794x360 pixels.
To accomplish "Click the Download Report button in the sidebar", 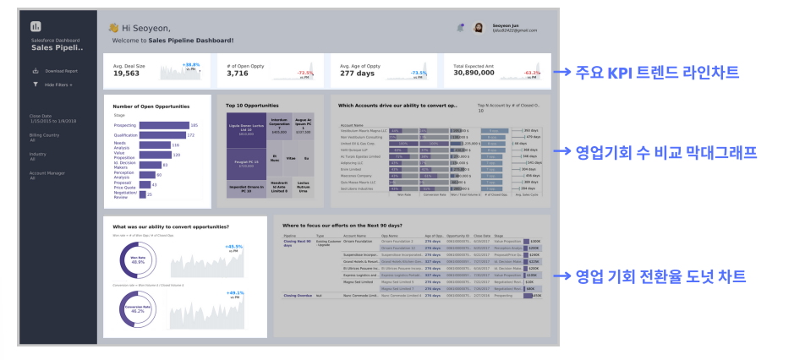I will tap(60, 71).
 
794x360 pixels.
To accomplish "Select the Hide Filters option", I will tap(57, 85).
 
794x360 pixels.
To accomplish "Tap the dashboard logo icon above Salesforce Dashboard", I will tap(36, 28).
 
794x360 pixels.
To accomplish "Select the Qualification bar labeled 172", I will tap(162, 135).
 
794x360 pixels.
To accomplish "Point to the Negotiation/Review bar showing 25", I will tap(142, 194).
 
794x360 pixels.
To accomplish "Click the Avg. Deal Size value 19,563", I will tap(126, 74).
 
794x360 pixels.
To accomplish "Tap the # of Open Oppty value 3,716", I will tap(238, 74).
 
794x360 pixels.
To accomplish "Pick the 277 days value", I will tap(359, 74).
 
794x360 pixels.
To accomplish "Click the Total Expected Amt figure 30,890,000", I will tap(480, 74).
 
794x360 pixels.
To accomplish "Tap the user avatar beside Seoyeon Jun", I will tap(479, 28).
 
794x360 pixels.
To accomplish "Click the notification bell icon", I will tap(460, 27).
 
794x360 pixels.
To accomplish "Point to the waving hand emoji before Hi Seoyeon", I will tap(113, 28).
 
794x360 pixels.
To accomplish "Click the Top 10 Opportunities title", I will tap(252, 106).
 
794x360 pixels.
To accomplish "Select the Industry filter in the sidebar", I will tap(38, 154).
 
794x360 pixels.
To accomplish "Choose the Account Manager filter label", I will tap(47, 173).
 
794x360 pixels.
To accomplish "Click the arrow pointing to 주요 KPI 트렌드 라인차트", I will tap(562, 74).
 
